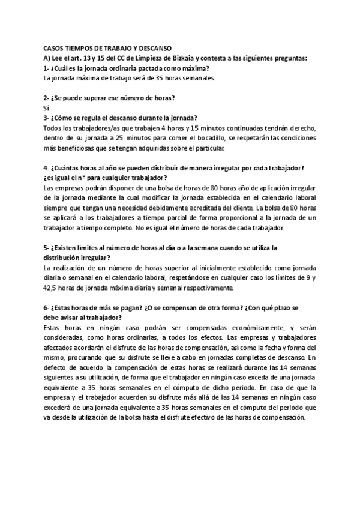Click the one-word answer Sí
[47, 107]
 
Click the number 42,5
[53, 288]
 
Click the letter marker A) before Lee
[47, 58]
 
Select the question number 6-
[47, 308]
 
